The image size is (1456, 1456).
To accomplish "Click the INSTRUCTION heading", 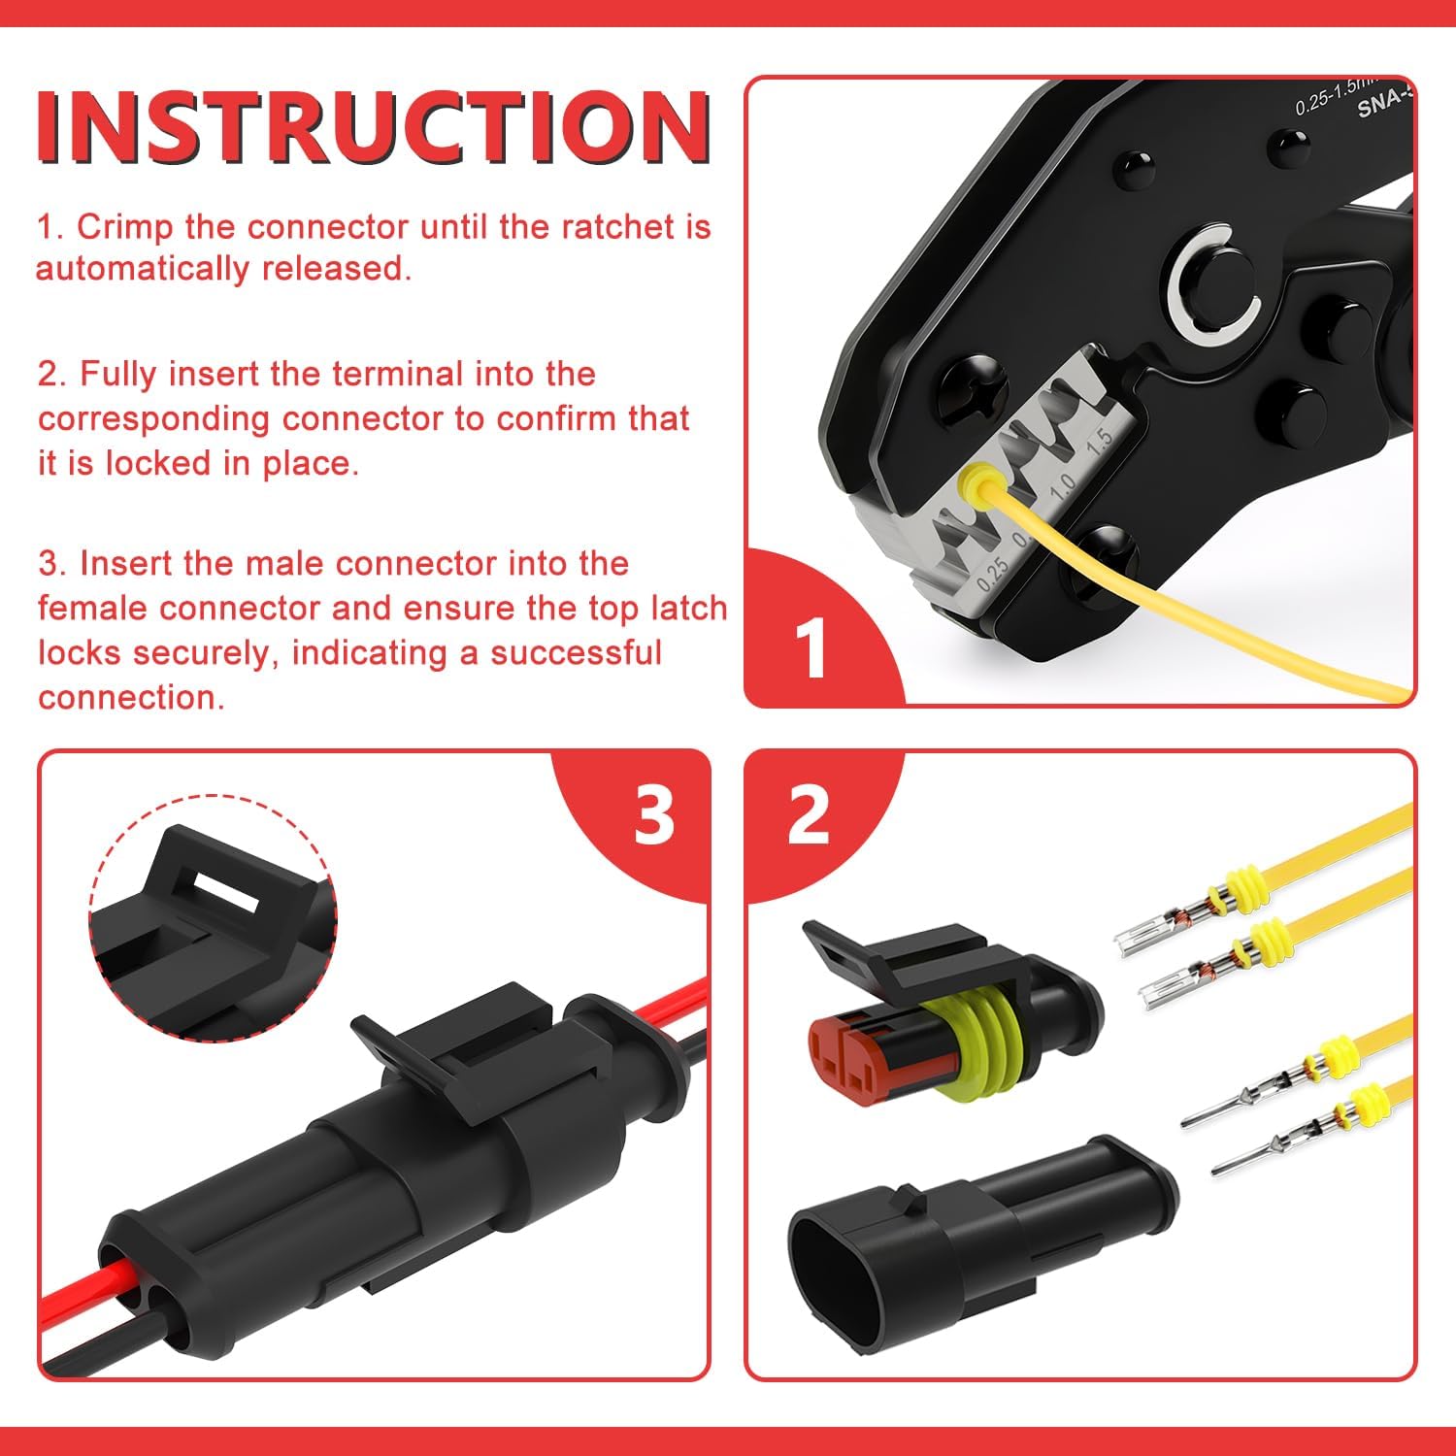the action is (x=374, y=127).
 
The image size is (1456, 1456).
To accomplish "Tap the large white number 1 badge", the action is (x=811, y=647).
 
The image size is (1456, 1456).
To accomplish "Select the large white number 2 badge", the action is (x=809, y=815).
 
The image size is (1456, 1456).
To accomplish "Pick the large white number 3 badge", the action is (x=653, y=815).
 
